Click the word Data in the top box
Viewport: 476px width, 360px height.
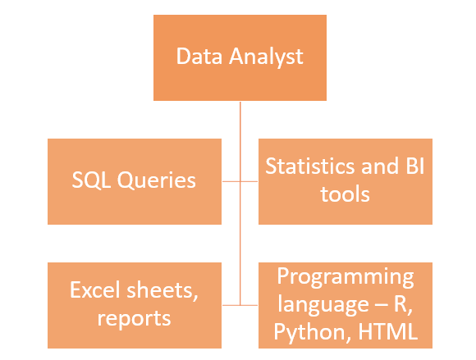coord(199,56)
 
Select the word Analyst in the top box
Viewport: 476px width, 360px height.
coord(266,57)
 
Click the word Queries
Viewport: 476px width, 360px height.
coord(156,180)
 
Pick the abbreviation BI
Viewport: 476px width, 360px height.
coord(415,166)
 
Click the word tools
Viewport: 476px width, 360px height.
coord(346,194)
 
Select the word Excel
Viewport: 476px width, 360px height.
coord(95,289)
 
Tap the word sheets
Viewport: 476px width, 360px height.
coord(162,291)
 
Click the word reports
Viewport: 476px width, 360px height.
coord(134,318)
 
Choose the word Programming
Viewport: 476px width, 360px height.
coord(346,277)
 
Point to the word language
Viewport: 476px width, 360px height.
coord(323,304)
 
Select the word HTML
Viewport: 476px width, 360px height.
coord(388,331)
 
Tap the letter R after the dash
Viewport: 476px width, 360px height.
coord(400,303)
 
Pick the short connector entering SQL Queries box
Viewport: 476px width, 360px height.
coord(231,181)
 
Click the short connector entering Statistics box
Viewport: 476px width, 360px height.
coord(249,181)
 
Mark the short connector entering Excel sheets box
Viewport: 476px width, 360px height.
coord(231,305)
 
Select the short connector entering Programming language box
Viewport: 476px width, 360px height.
coord(249,305)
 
